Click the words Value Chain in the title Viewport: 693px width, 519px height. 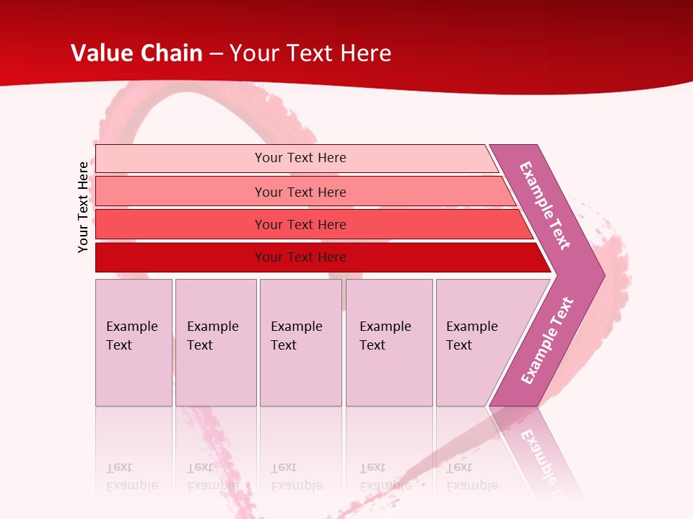tap(136, 53)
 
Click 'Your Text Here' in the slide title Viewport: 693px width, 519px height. tap(310, 53)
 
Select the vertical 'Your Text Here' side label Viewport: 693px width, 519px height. tap(83, 207)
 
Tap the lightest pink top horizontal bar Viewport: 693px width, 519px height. tap(180, 159)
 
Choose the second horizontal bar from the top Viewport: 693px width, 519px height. tap(180, 192)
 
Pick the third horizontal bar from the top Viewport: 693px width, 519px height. tap(180, 224)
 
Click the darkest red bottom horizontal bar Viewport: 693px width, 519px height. tap(180, 257)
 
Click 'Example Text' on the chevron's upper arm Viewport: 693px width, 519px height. tap(545, 205)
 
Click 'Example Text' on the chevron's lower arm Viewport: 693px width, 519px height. tap(547, 341)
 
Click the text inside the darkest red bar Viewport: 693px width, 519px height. tap(300, 257)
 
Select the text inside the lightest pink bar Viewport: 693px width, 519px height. tap(300, 158)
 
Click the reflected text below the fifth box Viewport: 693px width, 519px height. tap(471, 476)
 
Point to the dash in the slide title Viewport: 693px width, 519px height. tap(216, 54)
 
